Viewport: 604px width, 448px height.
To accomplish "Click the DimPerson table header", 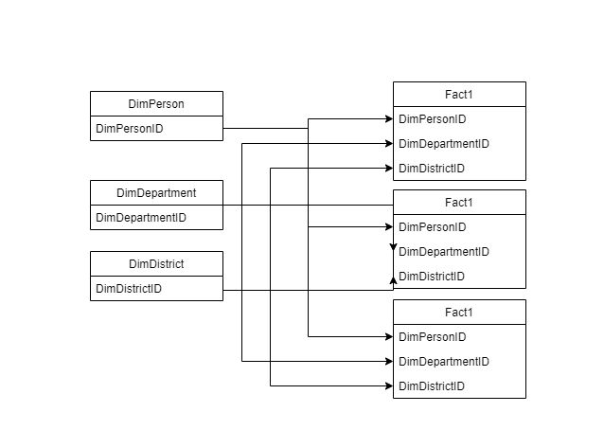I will click(156, 103).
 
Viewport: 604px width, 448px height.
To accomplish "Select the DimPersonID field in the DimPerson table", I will click(131, 128).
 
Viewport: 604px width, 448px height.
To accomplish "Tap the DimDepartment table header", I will click(156, 192).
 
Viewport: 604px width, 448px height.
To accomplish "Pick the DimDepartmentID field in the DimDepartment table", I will click(141, 217).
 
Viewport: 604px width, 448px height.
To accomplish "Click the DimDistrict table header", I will click(156, 263).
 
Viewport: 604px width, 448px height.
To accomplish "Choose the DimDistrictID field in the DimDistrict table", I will click(129, 288).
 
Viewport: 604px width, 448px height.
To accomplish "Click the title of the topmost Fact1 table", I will click(458, 94).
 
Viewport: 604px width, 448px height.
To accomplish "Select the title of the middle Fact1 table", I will click(458, 202).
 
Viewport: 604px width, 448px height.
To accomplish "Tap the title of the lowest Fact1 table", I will click(458, 312).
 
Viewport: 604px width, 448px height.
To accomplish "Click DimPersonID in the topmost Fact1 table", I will click(433, 119).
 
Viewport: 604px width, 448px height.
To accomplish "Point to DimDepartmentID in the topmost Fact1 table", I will click(443, 144).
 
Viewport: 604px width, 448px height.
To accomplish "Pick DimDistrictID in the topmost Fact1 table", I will click(432, 169).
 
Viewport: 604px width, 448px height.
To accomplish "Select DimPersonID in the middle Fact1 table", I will click(433, 227).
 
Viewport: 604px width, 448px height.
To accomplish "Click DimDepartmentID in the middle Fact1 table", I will click(443, 252).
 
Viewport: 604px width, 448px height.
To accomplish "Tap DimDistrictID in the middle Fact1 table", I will click(432, 277).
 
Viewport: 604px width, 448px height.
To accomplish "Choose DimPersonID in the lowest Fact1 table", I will click(433, 337).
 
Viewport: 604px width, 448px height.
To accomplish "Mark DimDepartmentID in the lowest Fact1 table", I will click(443, 362).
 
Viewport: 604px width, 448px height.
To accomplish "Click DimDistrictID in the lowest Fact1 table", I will click(432, 386).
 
